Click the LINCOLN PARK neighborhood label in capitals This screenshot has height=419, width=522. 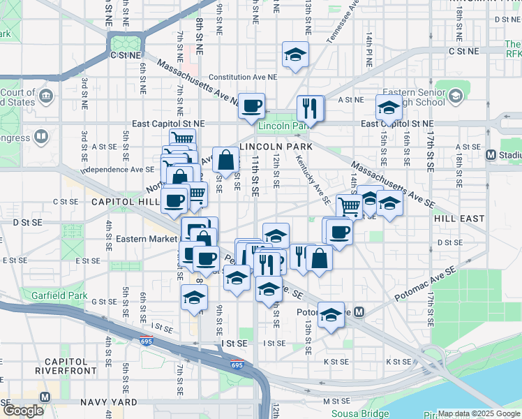(x=276, y=147)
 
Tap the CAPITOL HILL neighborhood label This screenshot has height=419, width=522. (x=126, y=201)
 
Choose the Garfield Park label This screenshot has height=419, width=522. (x=53, y=294)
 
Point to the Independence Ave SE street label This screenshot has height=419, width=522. (x=117, y=170)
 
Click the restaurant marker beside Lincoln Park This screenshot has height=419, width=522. (x=310, y=108)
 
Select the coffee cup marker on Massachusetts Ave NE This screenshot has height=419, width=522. (x=252, y=105)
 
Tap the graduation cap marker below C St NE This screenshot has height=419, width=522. (x=295, y=54)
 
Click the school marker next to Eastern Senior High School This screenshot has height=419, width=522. (x=389, y=107)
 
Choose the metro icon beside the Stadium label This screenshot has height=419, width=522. (x=490, y=154)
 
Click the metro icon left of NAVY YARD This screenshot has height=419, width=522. (x=45, y=397)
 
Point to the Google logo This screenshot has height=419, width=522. (x=24, y=410)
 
